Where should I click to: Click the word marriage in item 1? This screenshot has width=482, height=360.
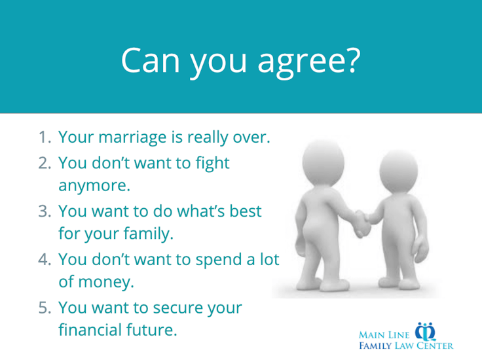(132, 137)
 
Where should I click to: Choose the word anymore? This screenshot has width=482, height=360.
(94, 185)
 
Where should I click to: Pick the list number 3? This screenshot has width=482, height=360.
(44, 211)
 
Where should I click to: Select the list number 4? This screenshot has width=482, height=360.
(44, 260)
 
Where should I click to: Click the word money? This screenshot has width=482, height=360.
(106, 282)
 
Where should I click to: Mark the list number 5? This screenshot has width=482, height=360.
(44, 308)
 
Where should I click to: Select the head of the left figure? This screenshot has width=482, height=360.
(323, 161)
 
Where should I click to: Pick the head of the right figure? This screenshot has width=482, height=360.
(398, 170)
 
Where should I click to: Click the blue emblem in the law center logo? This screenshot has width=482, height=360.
(426, 332)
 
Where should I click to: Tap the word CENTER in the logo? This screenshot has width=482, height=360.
(435, 346)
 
